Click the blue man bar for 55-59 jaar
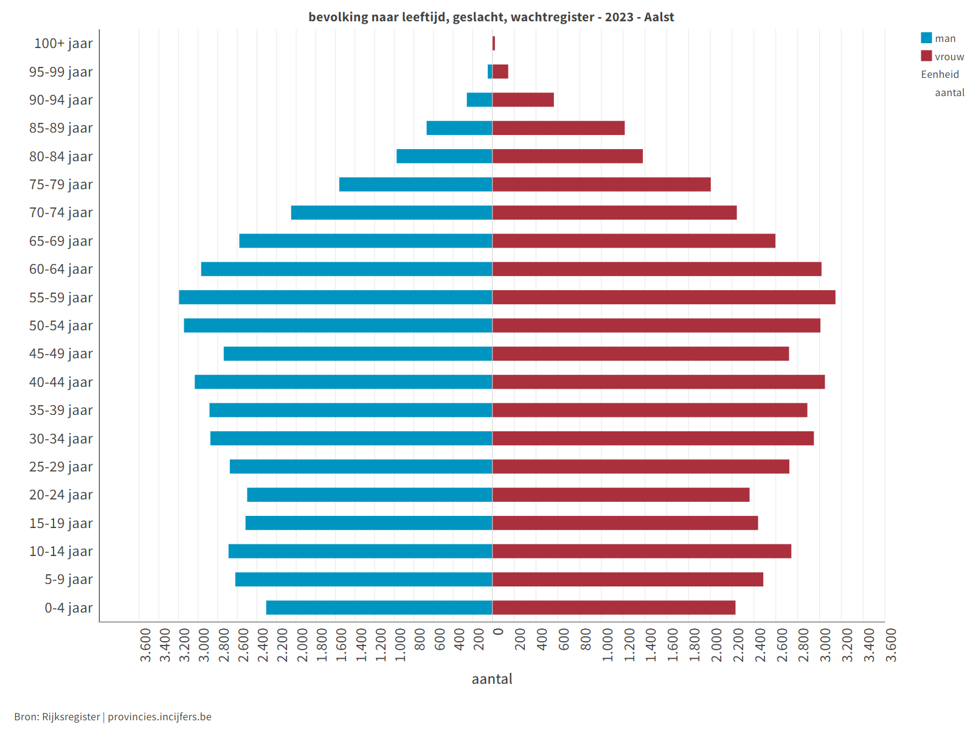pos(335,297)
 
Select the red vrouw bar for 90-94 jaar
pos(523,100)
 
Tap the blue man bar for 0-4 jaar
pos(379,608)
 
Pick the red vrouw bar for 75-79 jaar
pos(601,184)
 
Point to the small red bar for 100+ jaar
pos(494,44)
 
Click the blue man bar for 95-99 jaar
pos(490,72)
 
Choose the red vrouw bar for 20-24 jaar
pos(621,495)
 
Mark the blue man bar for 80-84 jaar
pos(444,156)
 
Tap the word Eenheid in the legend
pos(940,74)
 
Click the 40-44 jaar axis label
pos(61,382)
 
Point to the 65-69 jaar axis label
pos(61,241)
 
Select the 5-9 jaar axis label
pos(68,579)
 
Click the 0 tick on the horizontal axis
pos(498,632)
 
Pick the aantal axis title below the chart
pos(492,679)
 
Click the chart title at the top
pos(491,17)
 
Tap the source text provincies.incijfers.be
pos(159,717)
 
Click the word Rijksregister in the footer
pos(71,717)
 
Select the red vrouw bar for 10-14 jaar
pos(642,551)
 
